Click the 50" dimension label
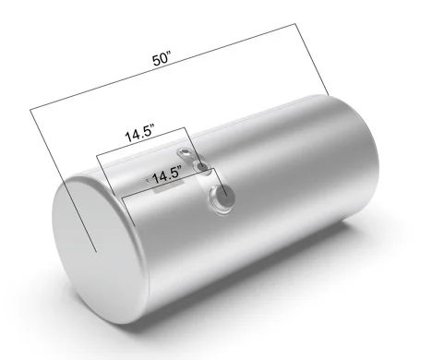(x=162, y=58)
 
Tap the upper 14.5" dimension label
(x=139, y=134)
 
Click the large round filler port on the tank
(x=222, y=198)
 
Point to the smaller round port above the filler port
(x=200, y=167)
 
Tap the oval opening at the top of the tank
(x=185, y=153)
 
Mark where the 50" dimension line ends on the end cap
(x=96, y=252)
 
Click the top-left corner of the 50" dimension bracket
(x=30, y=109)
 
